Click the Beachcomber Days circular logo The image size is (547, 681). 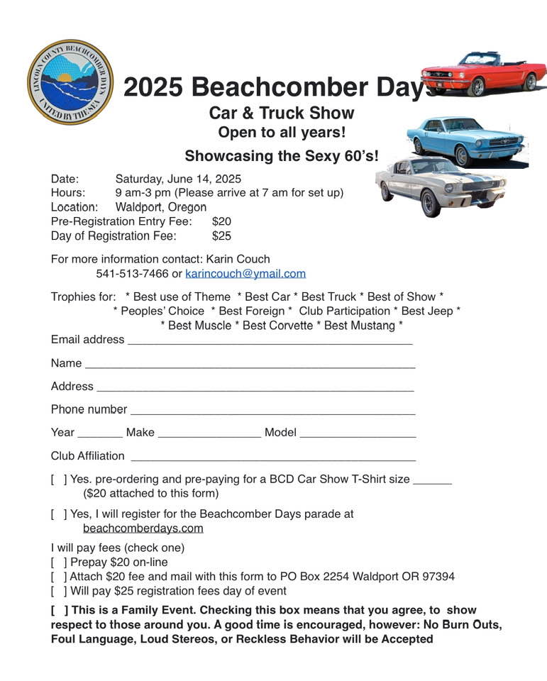pos(70,82)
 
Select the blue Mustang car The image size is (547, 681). pos(467,139)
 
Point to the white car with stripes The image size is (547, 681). pos(441,185)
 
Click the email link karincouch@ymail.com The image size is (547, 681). pos(245,274)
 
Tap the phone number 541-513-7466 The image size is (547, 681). pos(132,274)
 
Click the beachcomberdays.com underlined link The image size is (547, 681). pos(143,528)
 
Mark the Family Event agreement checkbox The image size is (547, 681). pos(60,610)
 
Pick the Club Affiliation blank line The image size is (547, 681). pos(273,458)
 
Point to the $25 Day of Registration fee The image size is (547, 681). pos(221,236)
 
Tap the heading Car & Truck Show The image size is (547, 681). pos(282,113)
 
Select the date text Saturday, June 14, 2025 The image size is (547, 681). pos(178,179)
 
